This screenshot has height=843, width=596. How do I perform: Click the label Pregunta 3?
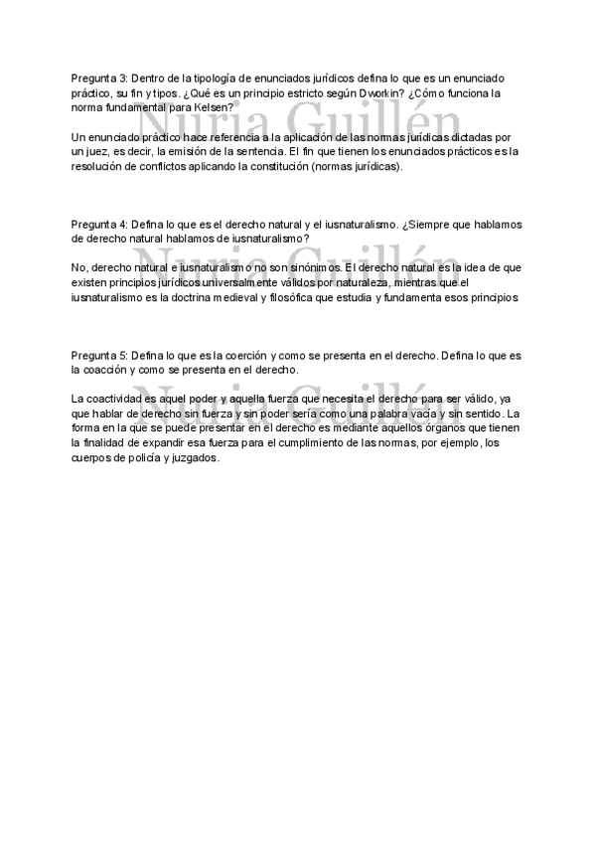pos(99,78)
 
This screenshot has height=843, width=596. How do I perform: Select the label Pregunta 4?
pos(99,225)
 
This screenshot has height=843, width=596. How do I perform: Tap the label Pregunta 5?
pos(99,356)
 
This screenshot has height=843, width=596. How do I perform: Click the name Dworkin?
pos(378,92)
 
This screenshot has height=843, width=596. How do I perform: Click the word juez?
pos(98,151)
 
